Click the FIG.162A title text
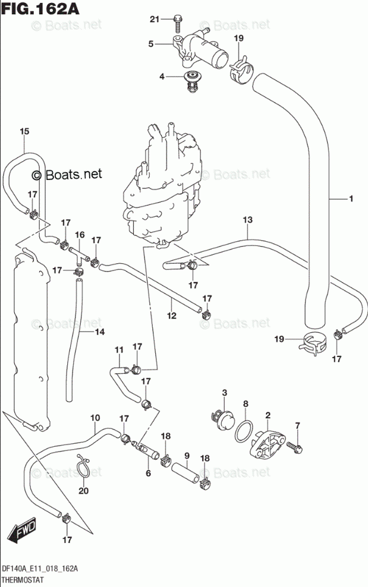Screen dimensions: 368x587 click(x=40, y=8)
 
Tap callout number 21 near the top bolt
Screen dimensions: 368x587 click(x=155, y=19)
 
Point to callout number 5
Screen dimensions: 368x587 click(x=150, y=44)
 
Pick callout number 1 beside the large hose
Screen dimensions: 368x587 click(x=351, y=199)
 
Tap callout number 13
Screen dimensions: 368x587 click(x=248, y=220)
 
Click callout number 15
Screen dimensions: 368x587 click(x=24, y=131)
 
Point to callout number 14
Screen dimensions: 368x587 click(x=100, y=332)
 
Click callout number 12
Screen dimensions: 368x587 click(x=172, y=315)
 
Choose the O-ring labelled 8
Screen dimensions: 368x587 click(x=244, y=431)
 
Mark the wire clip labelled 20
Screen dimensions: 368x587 click(x=83, y=466)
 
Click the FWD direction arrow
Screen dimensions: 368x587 click(x=22, y=530)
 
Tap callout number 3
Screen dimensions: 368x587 click(x=225, y=393)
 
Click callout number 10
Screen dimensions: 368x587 click(x=95, y=418)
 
